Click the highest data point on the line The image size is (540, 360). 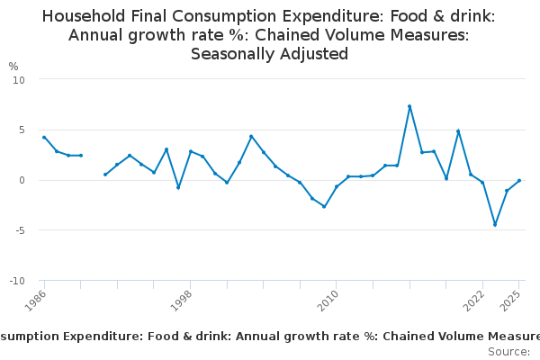click(x=409, y=106)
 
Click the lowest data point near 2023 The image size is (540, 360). click(x=495, y=225)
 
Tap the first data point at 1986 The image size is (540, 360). click(x=44, y=138)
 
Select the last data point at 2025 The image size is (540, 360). click(x=519, y=181)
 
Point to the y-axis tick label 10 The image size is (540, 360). click(x=19, y=79)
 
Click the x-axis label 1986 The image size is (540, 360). click(x=37, y=301)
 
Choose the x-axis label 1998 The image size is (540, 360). click(x=183, y=301)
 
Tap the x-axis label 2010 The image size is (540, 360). click(x=328, y=301)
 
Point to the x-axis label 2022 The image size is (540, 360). click(x=475, y=301)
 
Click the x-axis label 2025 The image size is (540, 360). click(x=512, y=301)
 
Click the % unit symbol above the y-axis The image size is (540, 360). click(x=13, y=67)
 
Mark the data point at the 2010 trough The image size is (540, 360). click(x=324, y=206)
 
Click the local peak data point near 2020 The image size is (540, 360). click(x=458, y=131)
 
